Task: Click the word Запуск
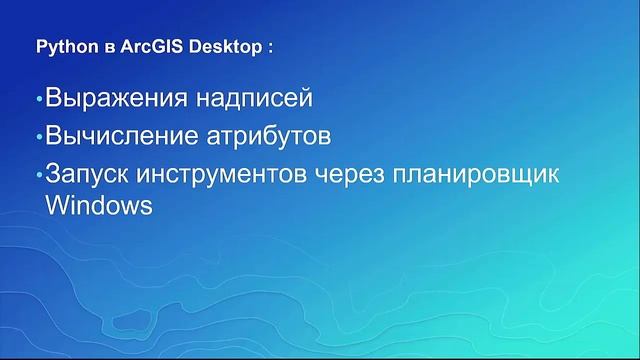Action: [86, 172]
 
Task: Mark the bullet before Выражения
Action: [40, 102]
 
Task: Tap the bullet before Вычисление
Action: [40, 137]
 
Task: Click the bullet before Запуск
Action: [40, 173]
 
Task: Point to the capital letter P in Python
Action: [41, 47]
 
